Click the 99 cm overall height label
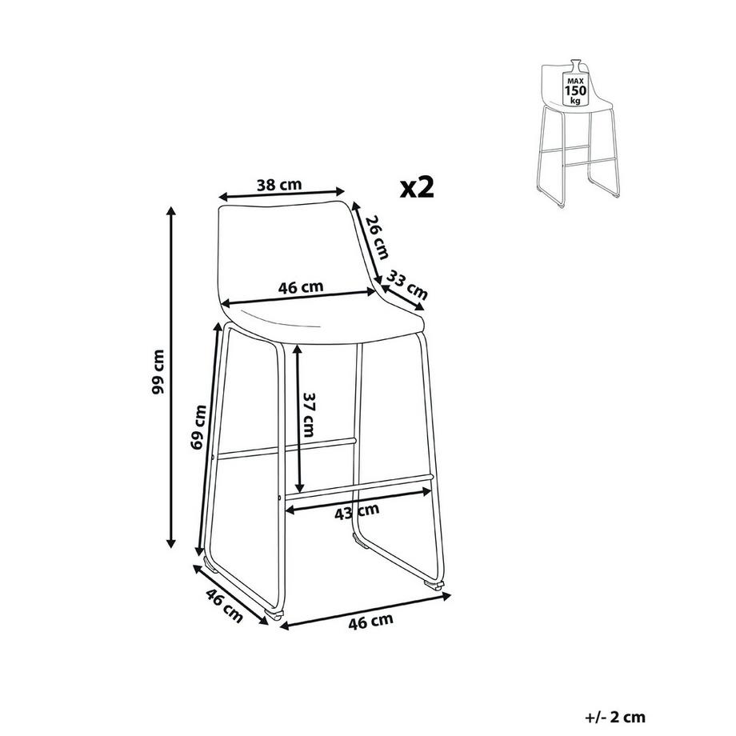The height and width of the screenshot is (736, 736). tap(159, 372)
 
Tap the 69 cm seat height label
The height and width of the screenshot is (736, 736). tap(198, 426)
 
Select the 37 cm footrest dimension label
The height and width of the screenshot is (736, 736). tap(308, 414)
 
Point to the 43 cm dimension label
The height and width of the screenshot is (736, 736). tap(358, 512)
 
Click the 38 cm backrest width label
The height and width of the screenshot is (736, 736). tap(280, 185)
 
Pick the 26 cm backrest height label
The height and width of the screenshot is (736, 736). tap(378, 237)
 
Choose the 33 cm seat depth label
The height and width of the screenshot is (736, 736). tap(407, 286)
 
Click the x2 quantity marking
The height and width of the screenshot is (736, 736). tap(418, 187)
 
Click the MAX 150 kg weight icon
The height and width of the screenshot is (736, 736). tap(575, 85)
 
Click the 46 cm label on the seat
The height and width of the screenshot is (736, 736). tap(301, 286)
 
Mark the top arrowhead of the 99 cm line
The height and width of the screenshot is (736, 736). tap(171, 210)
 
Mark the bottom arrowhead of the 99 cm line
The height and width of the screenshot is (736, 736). tap(171, 543)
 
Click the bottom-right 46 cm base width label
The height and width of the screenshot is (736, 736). tap(371, 622)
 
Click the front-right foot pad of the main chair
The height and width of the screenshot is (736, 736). tap(434, 585)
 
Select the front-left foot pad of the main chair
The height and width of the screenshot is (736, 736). tap(274, 614)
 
